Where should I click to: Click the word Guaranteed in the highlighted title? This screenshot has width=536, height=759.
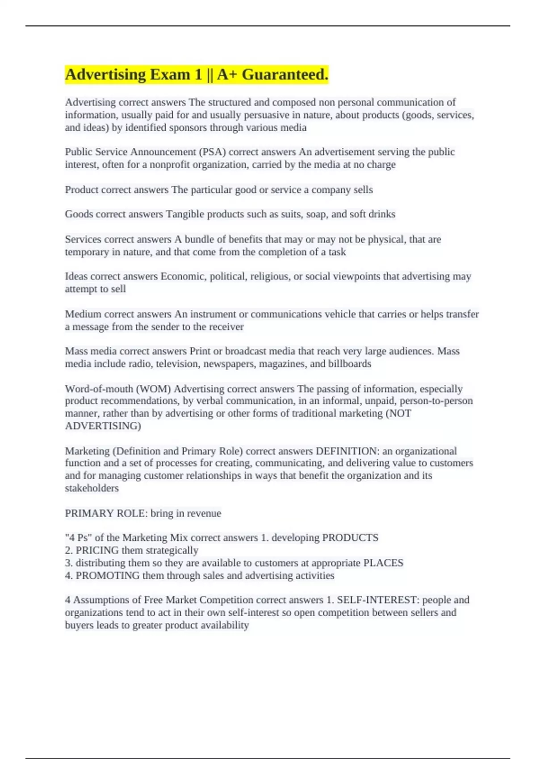pyautogui.click(x=285, y=75)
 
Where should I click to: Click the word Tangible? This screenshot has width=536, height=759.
pyautogui.click(x=184, y=214)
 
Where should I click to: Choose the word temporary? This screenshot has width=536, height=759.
pyautogui.click(x=87, y=252)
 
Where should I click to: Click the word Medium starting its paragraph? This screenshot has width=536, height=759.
pyautogui.click(x=83, y=314)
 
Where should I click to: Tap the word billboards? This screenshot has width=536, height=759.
pyautogui.click(x=350, y=364)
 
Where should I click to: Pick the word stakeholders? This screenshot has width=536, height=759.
pyautogui.click(x=92, y=488)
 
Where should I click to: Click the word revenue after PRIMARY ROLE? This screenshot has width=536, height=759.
pyautogui.click(x=204, y=513)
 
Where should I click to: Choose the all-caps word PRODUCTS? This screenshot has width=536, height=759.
pyautogui.click(x=350, y=538)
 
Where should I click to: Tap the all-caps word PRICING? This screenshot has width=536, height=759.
pyautogui.click(x=97, y=550)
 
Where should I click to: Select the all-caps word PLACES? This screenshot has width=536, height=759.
pyautogui.click(x=383, y=563)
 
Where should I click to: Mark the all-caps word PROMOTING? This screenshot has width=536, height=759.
pyautogui.click(x=108, y=576)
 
